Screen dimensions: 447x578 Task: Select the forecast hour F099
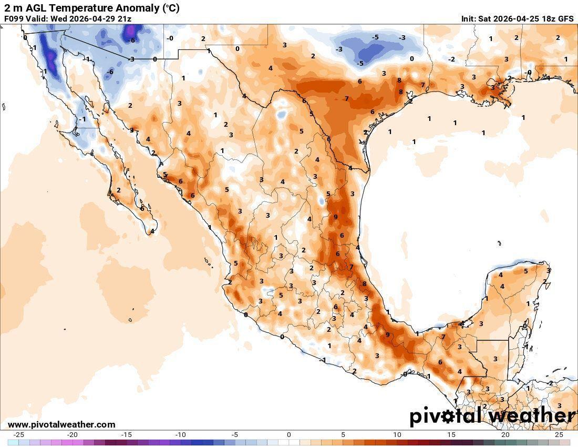point(14,18)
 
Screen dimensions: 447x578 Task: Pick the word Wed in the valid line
point(58,18)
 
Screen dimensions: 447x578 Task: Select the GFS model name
point(565,18)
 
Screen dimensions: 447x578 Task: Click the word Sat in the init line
point(485,18)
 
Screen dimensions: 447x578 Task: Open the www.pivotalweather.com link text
point(61,424)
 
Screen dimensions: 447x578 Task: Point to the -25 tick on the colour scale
point(18,434)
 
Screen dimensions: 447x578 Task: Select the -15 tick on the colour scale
point(127,434)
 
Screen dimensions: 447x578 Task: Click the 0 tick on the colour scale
point(289,434)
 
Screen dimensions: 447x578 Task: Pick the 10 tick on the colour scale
point(397,434)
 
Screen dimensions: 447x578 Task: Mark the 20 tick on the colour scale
point(505,434)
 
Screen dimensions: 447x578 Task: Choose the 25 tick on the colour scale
point(559,434)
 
